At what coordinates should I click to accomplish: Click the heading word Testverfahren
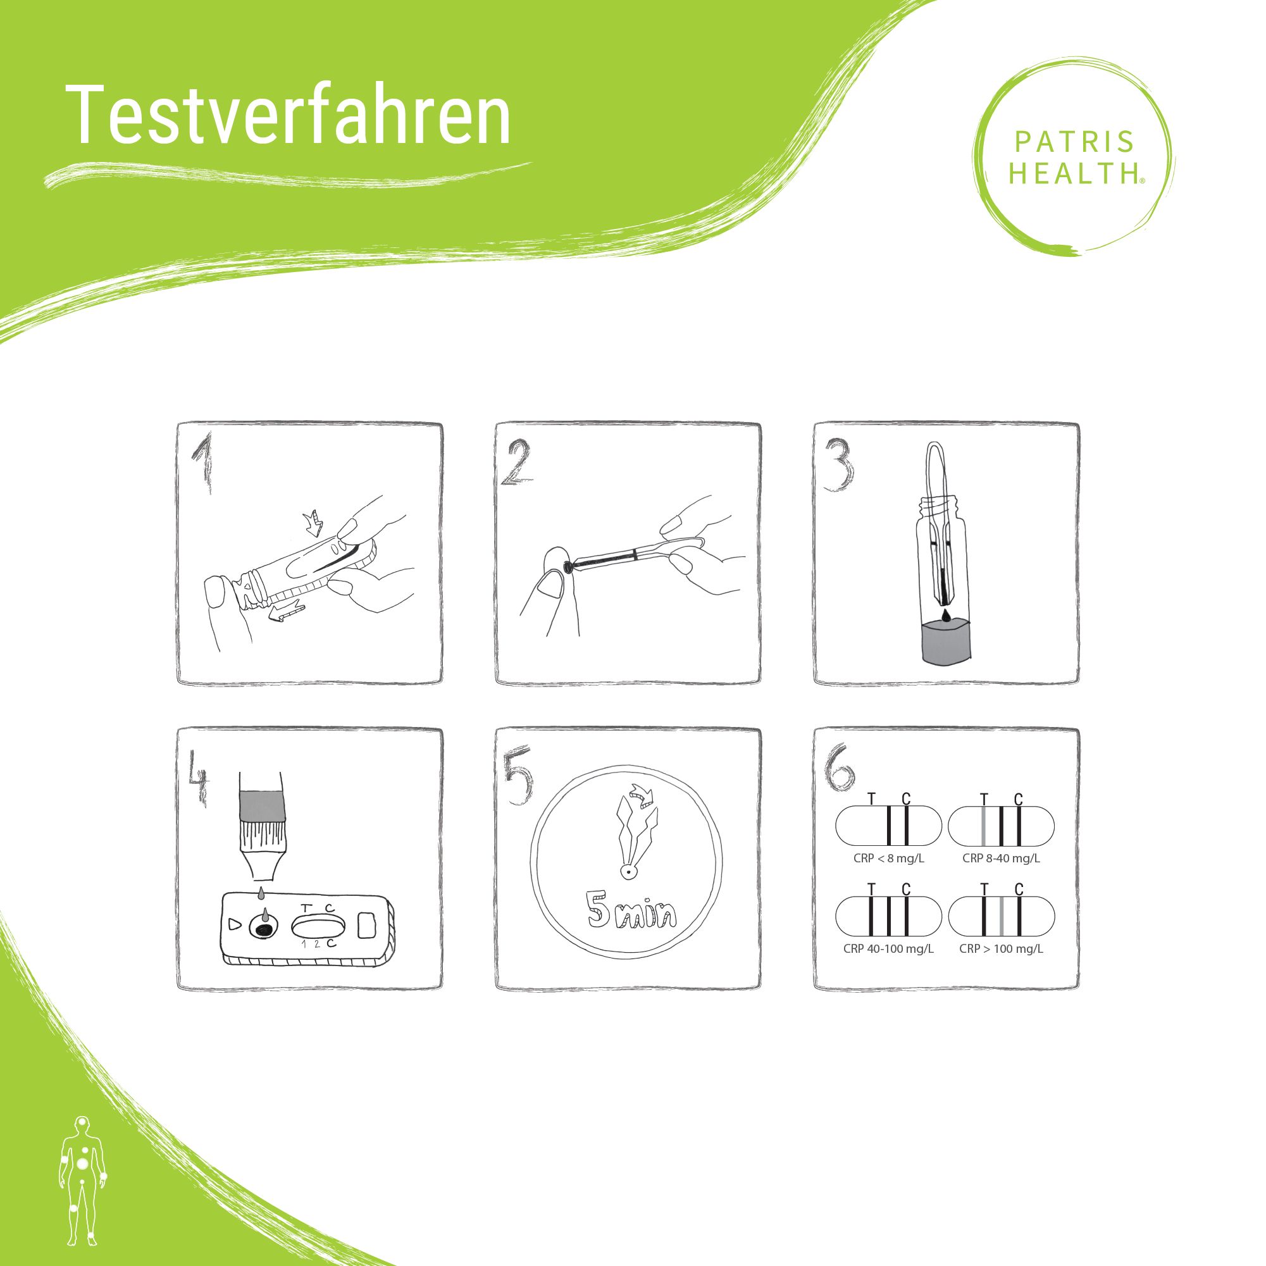click(x=289, y=115)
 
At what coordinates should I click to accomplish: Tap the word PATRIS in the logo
click(x=1074, y=142)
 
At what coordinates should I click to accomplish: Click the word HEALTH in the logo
click(x=1074, y=173)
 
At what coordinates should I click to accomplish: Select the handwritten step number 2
click(x=518, y=462)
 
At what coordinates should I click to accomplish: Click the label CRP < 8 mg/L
click(x=888, y=859)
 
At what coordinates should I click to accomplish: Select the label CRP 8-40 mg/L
click(x=1002, y=859)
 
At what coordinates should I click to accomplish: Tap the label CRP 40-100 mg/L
click(x=888, y=949)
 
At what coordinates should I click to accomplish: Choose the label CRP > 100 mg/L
click(x=1002, y=949)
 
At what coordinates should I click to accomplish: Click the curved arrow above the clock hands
click(x=640, y=794)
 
